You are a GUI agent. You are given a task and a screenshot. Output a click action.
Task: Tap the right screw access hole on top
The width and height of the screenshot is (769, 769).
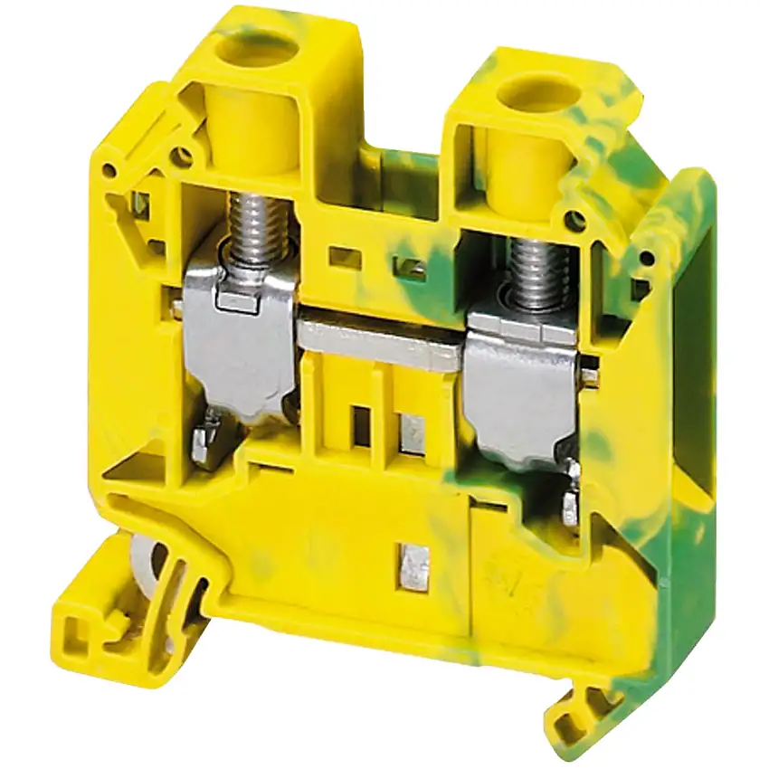[x=539, y=92]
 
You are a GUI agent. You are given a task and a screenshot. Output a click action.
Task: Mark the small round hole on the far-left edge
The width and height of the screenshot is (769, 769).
[x=109, y=169]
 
